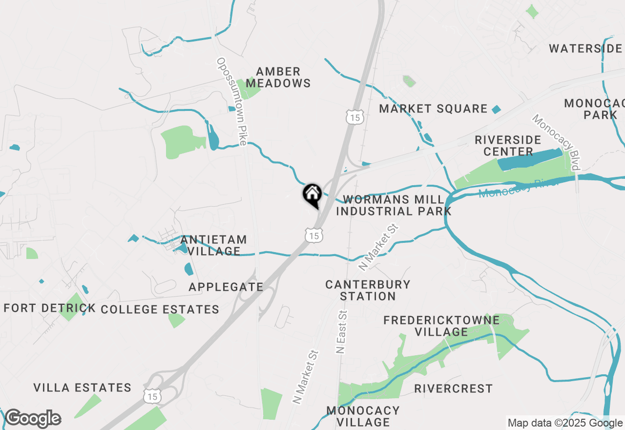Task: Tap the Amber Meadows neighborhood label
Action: [278, 78]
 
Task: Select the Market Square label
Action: [433, 108]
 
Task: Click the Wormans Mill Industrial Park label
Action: [394, 206]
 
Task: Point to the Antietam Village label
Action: [213, 245]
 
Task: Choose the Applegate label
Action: [226, 287]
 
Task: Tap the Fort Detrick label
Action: [49, 308]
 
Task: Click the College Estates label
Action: [160, 309]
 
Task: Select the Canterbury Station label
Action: [368, 290]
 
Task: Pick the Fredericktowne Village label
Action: [441, 326]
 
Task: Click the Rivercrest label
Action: [453, 388]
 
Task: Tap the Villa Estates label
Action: [83, 388]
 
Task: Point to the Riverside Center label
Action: [508, 146]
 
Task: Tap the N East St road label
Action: [341, 332]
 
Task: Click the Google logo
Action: [33, 418]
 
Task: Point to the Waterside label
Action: [585, 48]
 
